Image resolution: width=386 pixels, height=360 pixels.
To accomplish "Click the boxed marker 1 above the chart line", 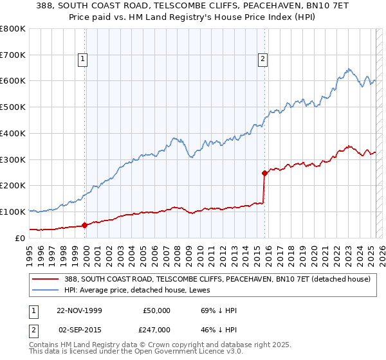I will pyautogui.click(x=84, y=60).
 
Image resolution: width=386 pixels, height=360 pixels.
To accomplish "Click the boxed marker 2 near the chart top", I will pyautogui.click(x=263, y=60).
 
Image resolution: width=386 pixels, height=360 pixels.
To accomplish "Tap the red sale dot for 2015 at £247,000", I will pyautogui.click(x=264, y=172).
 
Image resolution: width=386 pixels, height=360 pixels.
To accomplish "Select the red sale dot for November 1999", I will pyautogui.click(x=85, y=225).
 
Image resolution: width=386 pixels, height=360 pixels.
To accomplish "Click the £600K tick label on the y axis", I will pyautogui.click(x=13, y=81).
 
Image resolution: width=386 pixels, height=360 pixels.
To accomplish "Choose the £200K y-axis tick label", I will pyautogui.click(x=13, y=185).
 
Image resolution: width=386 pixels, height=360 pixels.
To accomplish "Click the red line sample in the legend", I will pyautogui.click(x=45, y=280).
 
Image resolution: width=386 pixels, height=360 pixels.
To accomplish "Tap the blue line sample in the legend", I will pyautogui.click(x=45, y=291).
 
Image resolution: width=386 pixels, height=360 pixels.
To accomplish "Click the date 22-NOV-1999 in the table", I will pyautogui.click(x=80, y=310).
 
